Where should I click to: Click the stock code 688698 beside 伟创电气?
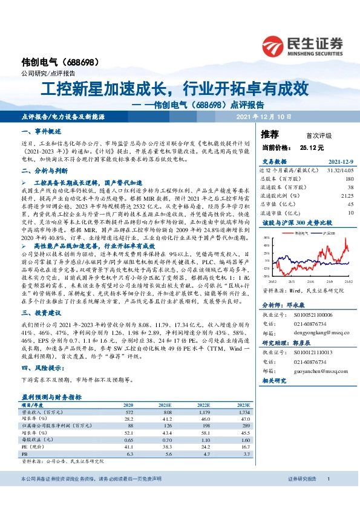79,62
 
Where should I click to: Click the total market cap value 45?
350,204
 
